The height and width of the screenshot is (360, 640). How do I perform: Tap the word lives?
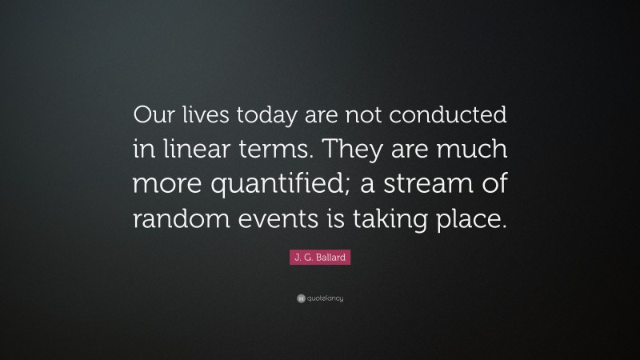207,117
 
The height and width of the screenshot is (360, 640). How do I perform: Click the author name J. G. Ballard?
320,258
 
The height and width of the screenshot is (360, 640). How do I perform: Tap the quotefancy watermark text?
325,298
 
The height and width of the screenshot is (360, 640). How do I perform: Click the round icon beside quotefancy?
300,298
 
